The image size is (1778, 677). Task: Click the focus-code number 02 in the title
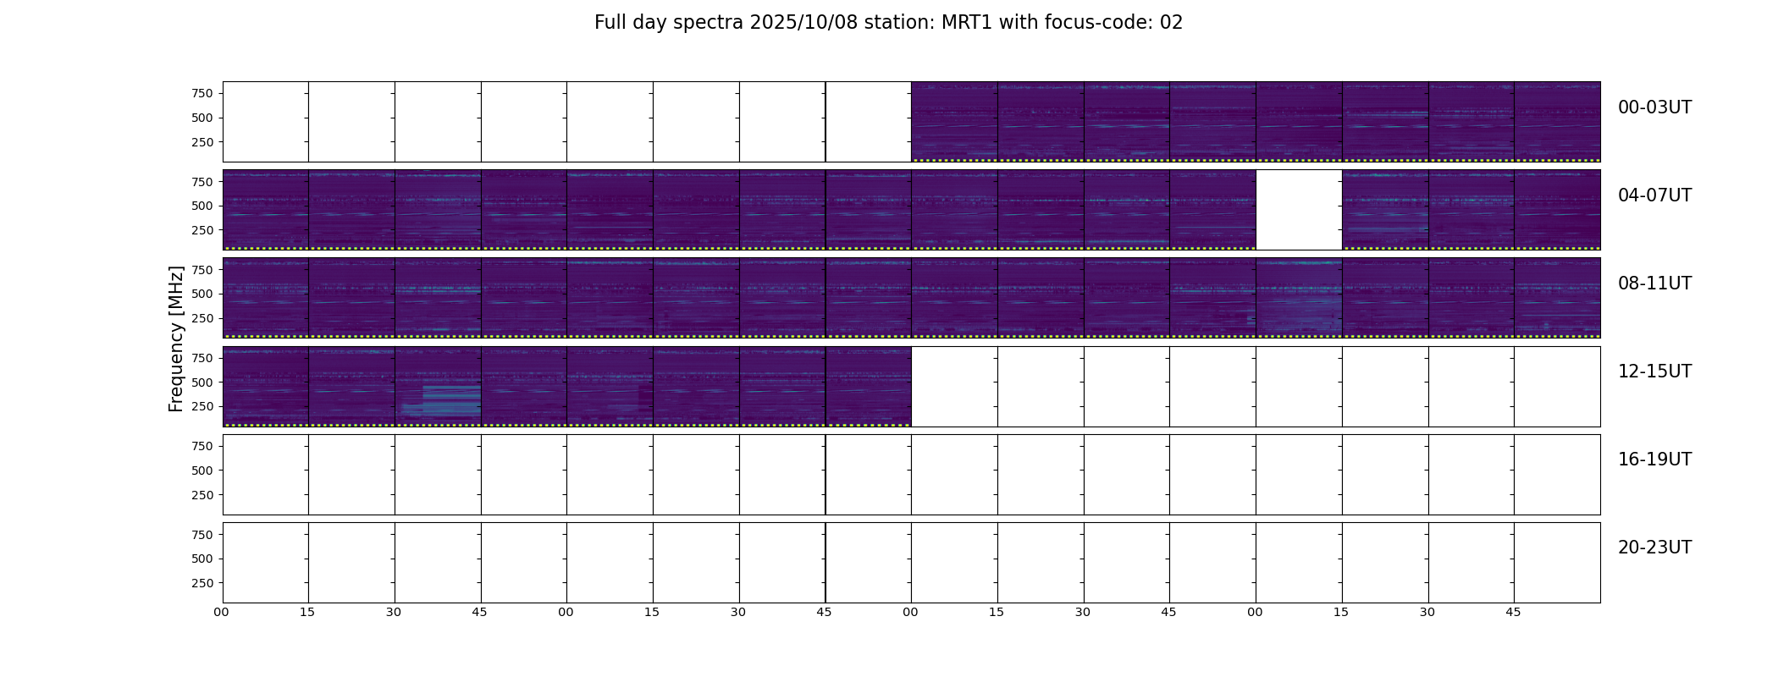click(1171, 23)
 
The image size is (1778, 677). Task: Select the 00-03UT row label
click(1654, 107)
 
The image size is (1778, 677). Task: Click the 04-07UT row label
click(1654, 195)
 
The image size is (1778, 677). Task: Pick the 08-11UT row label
click(1654, 283)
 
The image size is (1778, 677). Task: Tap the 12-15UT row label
click(1654, 372)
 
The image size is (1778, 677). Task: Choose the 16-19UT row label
click(1654, 460)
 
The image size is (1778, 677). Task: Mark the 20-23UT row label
click(1654, 548)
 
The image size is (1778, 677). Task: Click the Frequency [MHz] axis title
click(176, 338)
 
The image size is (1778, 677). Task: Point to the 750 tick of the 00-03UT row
click(202, 93)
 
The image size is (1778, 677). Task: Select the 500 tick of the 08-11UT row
click(202, 294)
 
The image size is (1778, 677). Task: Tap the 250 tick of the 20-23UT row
click(202, 583)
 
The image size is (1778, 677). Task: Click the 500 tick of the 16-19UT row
click(202, 471)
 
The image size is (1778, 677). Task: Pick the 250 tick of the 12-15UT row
click(202, 407)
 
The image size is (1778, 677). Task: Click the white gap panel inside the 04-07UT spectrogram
click(1299, 210)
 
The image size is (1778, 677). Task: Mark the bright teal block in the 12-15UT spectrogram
click(451, 400)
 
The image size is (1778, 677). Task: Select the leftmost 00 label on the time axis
click(222, 612)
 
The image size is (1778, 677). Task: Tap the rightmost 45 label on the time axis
click(1513, 612)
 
